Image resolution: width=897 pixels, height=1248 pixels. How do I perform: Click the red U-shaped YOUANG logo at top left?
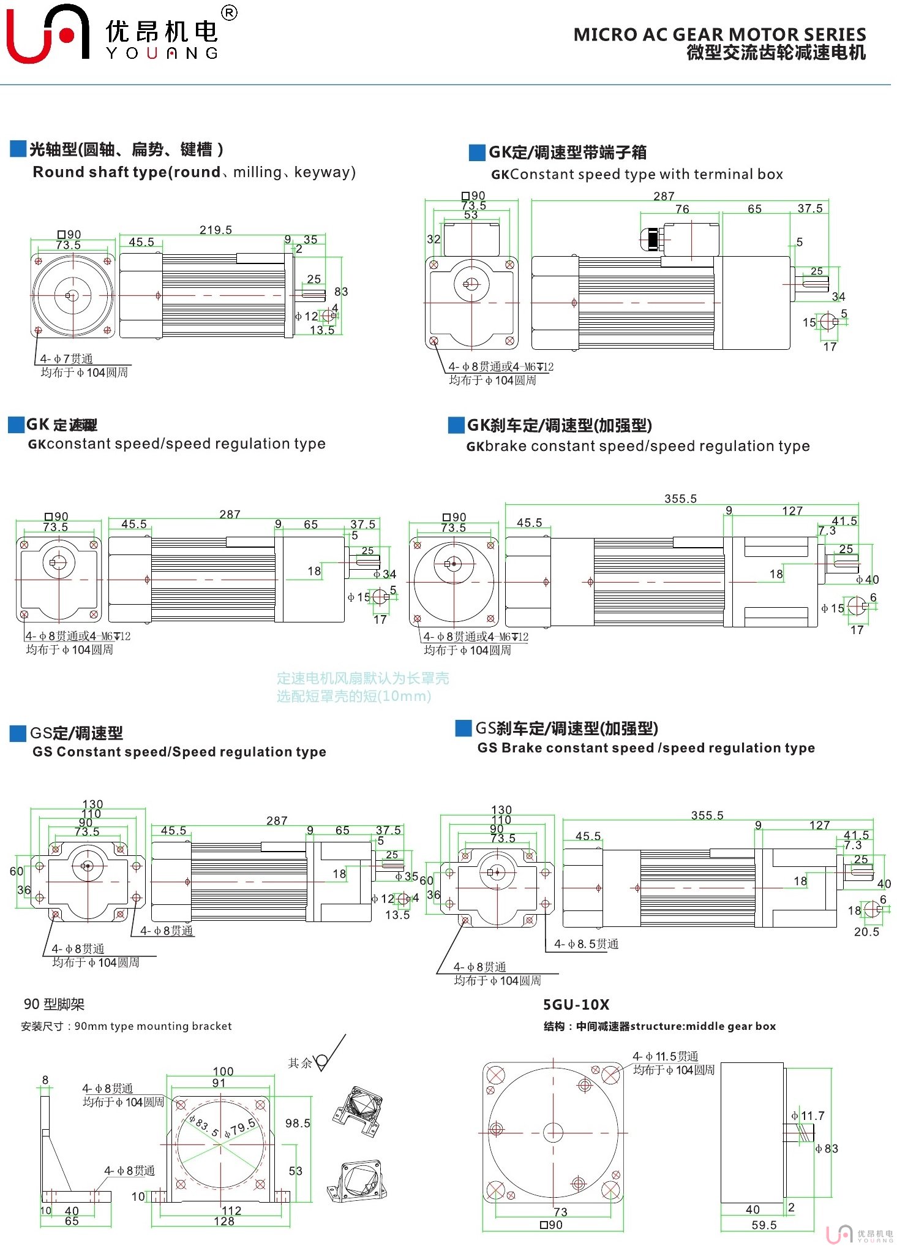tap(46, 34)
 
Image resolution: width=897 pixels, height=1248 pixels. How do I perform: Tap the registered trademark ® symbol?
tap(229, 13)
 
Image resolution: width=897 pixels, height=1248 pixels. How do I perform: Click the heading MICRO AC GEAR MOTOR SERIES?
tap(719, 34)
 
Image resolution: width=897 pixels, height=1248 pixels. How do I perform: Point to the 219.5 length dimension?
tap(216, 230)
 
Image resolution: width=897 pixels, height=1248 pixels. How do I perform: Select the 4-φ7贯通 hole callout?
tap(66, 358)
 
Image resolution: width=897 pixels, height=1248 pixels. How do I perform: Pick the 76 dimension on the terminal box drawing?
tap(682, 209)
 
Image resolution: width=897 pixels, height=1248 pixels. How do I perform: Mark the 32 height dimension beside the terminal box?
tap(433, 239)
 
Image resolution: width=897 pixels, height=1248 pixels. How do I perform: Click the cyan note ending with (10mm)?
tap(354, 696)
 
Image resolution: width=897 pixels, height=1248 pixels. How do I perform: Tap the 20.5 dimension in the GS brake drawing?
tap(866, 932)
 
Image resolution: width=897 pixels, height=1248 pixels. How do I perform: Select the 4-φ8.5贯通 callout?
tap(586, 944)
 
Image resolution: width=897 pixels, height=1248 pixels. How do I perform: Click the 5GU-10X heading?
tap(576, 1005)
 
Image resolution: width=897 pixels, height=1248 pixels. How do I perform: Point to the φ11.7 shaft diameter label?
tap(808, 1116)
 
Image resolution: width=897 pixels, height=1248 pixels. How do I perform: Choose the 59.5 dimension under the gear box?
tap(764, 1225)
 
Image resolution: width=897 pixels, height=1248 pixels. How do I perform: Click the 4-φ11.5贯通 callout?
tap(666, 1056)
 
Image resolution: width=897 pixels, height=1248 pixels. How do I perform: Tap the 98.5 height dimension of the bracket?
tap(298, 1123)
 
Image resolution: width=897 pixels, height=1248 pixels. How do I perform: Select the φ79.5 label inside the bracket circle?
tap(240, 1128)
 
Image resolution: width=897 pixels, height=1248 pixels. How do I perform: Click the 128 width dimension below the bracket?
tap(224, 1221)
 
